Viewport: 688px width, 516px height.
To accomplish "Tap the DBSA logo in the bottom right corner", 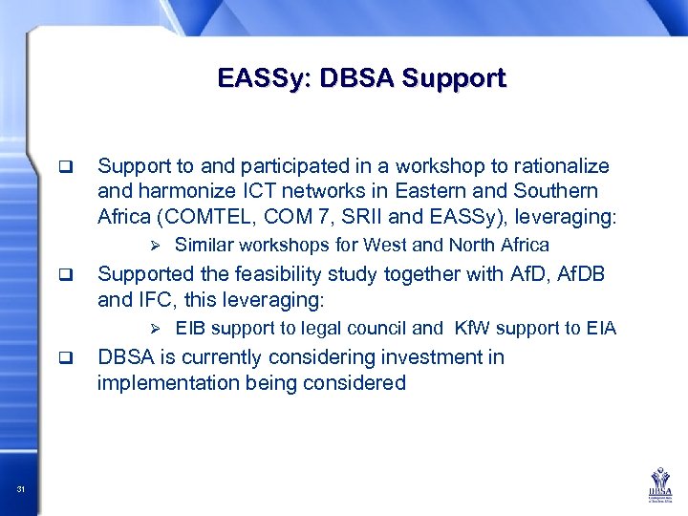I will point(661,485).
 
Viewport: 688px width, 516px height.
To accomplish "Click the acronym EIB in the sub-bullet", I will point(190,329).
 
